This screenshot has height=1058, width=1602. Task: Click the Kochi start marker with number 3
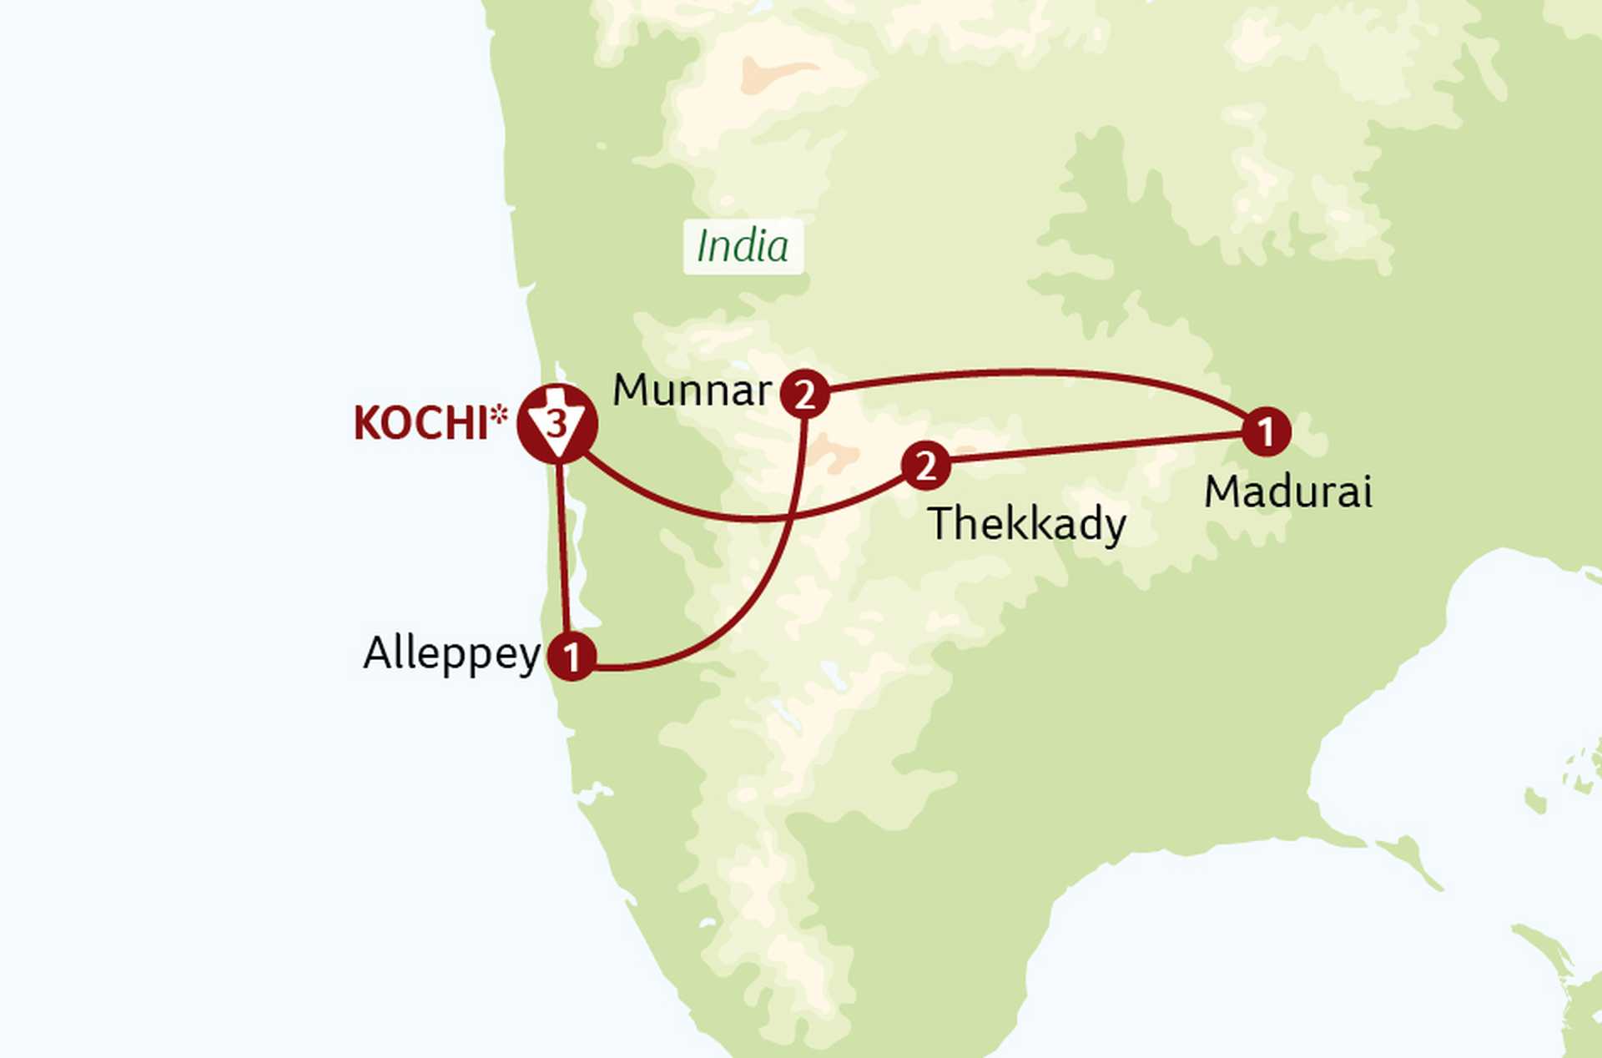557,424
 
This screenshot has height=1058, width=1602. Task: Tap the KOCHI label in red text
421,423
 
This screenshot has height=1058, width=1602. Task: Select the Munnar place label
692,390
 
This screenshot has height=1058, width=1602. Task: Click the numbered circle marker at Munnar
805,394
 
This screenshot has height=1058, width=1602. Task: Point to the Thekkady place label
1027,524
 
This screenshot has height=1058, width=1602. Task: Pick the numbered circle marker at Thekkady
925,466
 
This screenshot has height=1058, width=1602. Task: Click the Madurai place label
1287,491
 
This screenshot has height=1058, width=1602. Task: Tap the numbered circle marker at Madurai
1266,431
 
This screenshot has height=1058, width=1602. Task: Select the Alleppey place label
451,653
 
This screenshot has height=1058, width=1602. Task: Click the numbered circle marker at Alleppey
572,657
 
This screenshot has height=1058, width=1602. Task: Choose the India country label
743,246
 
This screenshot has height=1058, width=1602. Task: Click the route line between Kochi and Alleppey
564,551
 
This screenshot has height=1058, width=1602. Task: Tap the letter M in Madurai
1221,491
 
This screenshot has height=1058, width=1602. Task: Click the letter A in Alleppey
378,653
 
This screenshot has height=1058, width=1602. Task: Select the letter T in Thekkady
942,523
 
